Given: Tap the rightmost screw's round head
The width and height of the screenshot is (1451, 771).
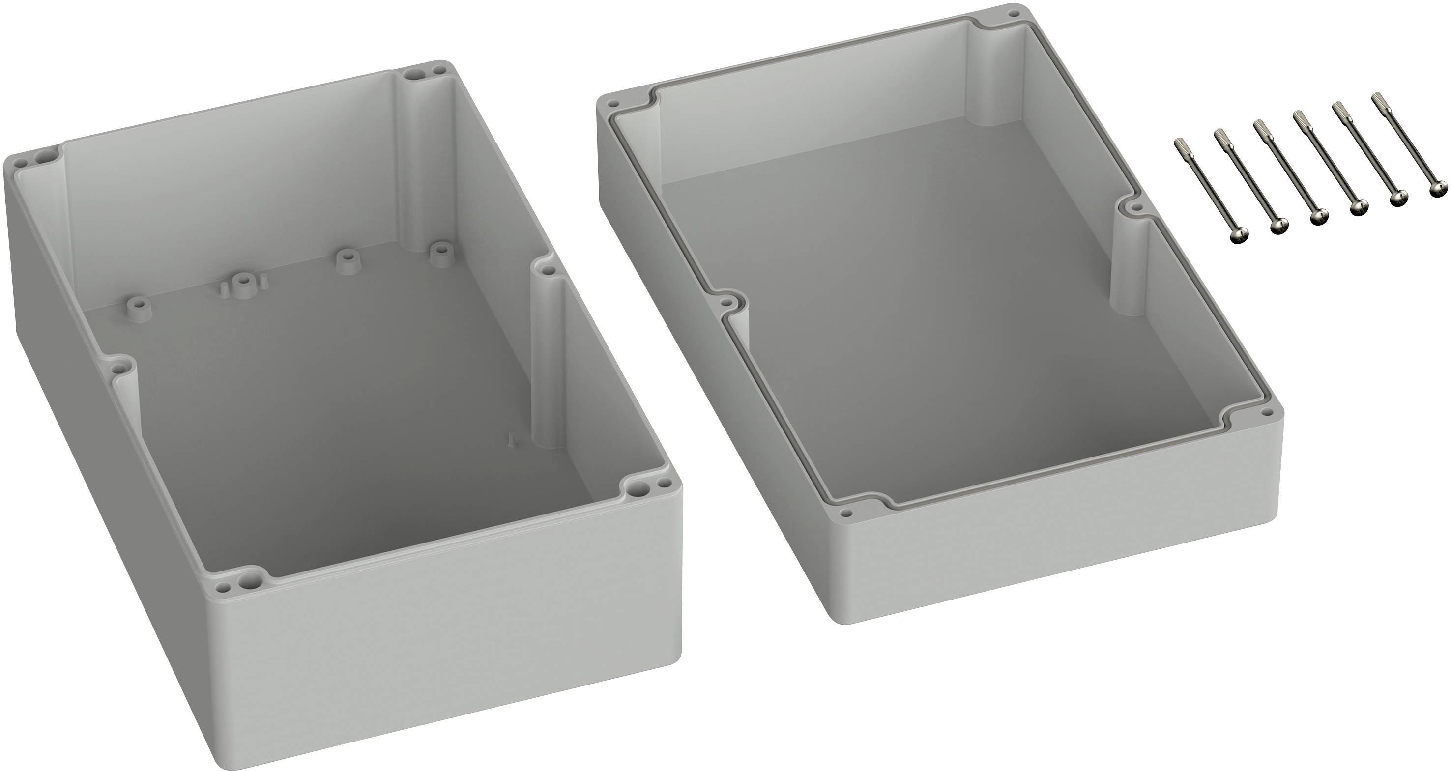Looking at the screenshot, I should pyautogui.click(x=1440, y=189).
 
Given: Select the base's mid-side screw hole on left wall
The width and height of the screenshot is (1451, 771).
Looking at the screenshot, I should pyautogui.click(x=117, y=369).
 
